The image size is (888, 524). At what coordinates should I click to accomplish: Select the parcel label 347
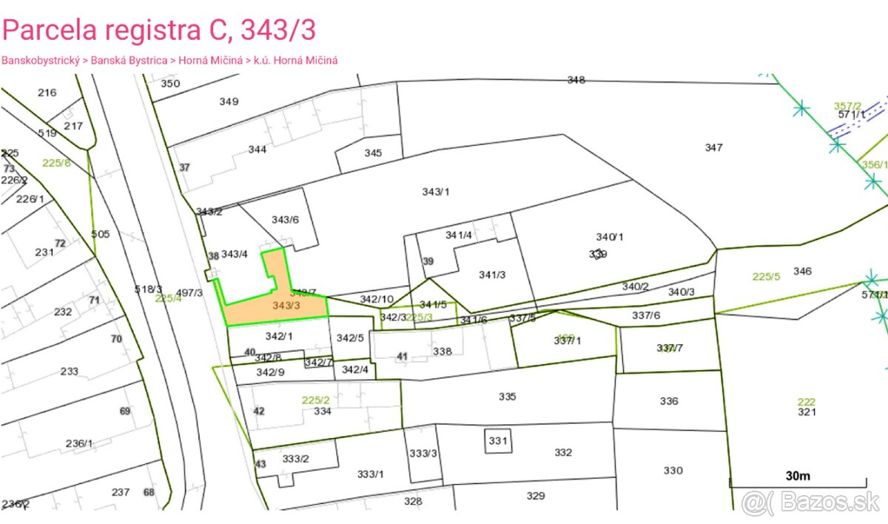click(x=713, y=148)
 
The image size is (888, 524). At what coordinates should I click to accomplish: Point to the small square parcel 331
click(x=498, y=441)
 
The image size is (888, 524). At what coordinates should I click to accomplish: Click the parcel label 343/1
click(x=436, y=192)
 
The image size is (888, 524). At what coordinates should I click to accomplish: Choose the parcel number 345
click(x=373, y=153)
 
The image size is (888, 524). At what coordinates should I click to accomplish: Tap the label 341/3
click(x=492, y=275)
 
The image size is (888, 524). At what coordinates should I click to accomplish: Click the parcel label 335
click(x=507, y=397)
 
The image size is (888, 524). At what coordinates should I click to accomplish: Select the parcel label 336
click(x=668, y=401)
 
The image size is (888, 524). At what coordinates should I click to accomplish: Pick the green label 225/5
click(x=766, y=277)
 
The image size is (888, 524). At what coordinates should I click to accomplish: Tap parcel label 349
click(x=229, y=101)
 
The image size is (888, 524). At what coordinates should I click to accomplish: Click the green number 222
click(x=806, y=402)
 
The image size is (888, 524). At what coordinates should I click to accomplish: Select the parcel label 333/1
click(x=371, y=474)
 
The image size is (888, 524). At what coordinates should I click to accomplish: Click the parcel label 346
click(x=802, y=271)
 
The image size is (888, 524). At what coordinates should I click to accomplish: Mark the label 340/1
click(x=610, y=237)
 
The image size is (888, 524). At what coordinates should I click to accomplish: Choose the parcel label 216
click(x=47, y=93)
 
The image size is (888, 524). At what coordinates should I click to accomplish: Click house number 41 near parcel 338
click(x=402, y=357)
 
